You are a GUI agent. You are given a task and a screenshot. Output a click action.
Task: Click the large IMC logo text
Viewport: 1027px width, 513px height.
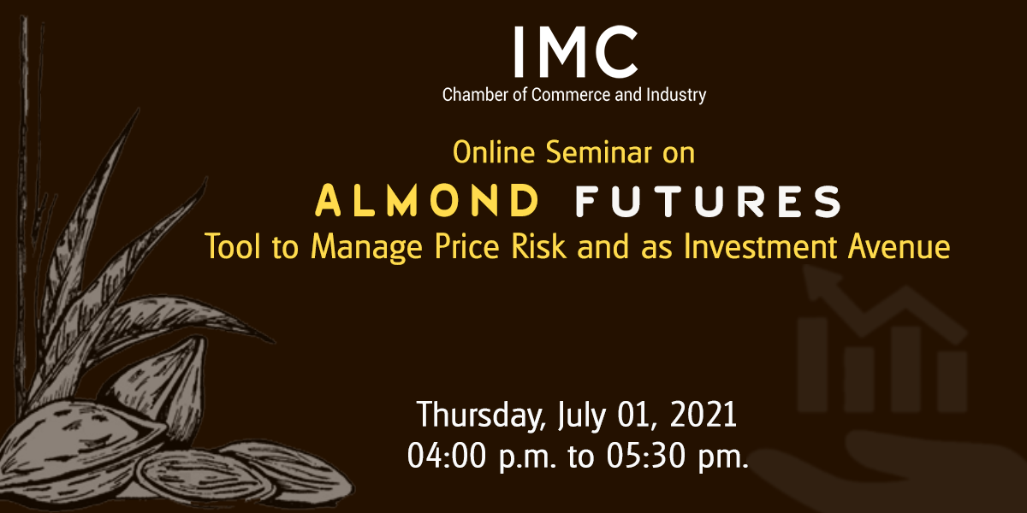point(575,51)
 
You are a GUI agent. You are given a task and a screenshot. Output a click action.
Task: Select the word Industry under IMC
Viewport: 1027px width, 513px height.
point(676,96)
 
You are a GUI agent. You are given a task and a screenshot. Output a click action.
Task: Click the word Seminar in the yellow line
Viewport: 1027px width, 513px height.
point(599,152)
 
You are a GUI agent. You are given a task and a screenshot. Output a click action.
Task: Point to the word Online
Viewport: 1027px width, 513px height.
point(494,152)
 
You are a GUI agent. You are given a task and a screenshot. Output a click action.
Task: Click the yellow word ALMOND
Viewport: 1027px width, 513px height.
point(427,201)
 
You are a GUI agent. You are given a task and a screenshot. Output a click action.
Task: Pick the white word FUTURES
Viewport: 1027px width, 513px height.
point(709,201)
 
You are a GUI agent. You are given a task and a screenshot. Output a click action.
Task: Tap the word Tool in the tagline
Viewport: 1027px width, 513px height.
point(233,247)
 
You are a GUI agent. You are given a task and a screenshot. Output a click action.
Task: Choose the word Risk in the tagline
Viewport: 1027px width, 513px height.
point(538,247)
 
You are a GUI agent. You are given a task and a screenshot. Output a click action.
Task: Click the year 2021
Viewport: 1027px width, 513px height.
point(703,415)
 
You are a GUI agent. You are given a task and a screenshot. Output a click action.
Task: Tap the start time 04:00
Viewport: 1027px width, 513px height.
point(447,456)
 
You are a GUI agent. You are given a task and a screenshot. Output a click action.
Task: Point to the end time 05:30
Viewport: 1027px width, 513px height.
point(645,456)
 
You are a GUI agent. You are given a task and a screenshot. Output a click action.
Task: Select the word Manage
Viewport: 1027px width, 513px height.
point(366,248)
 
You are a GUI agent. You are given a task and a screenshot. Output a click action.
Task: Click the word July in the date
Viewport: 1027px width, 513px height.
point(581,416)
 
